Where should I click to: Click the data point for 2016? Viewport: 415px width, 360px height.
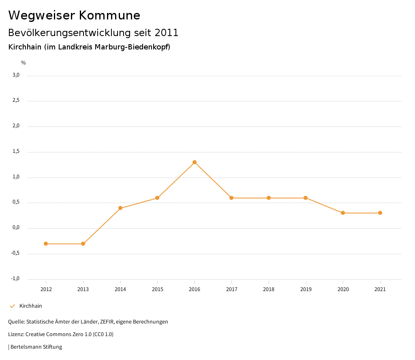(x=195, y=162)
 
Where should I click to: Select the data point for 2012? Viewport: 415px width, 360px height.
(x=46, y=244)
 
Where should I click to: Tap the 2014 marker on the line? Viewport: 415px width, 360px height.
(x=120, y=208)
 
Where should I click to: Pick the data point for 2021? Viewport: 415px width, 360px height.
(x=380, y=213)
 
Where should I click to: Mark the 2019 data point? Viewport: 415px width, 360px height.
(x=306, y=198)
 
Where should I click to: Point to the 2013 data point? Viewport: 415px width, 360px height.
(x=83, y=244)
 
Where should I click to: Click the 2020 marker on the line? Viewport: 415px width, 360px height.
(x=343, y=213)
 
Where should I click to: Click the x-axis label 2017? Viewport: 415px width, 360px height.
(x=231, y=289)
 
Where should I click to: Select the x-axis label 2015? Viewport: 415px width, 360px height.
(x=157, y=289)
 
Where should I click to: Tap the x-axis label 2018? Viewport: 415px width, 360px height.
(x=269, y=289)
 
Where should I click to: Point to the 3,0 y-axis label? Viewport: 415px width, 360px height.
(x=16, y=75)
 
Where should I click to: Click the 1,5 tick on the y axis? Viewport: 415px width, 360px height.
(x=16, y=152)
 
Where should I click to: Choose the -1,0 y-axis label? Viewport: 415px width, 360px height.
(x=15, y=279)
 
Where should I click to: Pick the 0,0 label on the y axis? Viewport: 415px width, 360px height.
(x=16, y=228)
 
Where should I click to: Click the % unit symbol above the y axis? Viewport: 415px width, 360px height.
(x=24, y=63)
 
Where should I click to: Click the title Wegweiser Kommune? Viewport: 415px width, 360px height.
(x=74, y=15)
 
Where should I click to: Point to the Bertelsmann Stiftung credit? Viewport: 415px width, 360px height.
(x=36, y=347)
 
